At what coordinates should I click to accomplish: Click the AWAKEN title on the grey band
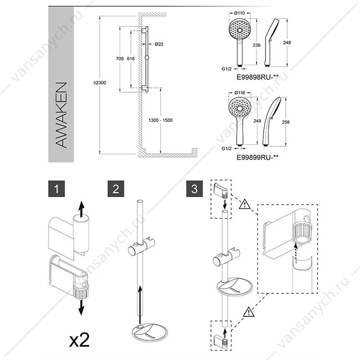pyautogui.click(x=61, y=115)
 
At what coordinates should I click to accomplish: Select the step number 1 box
pyautogui.click(x=57, y=189)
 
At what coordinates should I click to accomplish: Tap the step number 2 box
pyautogui.click(x=116, y=189)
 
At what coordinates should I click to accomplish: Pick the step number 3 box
pyautogui.click(x=194, y=189)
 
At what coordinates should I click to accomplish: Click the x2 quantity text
pyautogui.click(x=80, y=340)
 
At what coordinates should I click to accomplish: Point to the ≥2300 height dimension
pyautogui.click(x=99, y=83)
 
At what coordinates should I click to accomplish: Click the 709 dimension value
pyautogui.click(x=120, y=59)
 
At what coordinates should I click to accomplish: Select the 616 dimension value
pyautogui.click(x=131, y=59)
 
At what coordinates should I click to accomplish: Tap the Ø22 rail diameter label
pyautogui.click(x=159, y=44)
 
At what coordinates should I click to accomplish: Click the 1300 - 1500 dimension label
pyautogui.click(x=161, y=120)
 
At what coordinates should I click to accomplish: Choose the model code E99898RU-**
pyautogui.click(x=257, y=77)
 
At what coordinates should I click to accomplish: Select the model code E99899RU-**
pyautogui.click(x=257, y=157)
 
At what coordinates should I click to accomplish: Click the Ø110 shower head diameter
pyautogui.click(x=239, y=13)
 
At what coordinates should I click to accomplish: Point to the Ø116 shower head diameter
pyautogui.click(x=240, y=93)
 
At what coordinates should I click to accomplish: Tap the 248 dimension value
pyautogui.click(x=287, y=42)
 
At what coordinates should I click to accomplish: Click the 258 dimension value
pyautogui.click(x=286, y=122)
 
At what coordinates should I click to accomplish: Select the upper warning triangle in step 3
pyautogui.click(x=244, y=204)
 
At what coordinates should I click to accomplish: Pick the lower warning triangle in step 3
pyautogui.click(x=249, y=312)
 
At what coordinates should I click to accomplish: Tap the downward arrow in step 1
pyautogui.click(x=81, y=307)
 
